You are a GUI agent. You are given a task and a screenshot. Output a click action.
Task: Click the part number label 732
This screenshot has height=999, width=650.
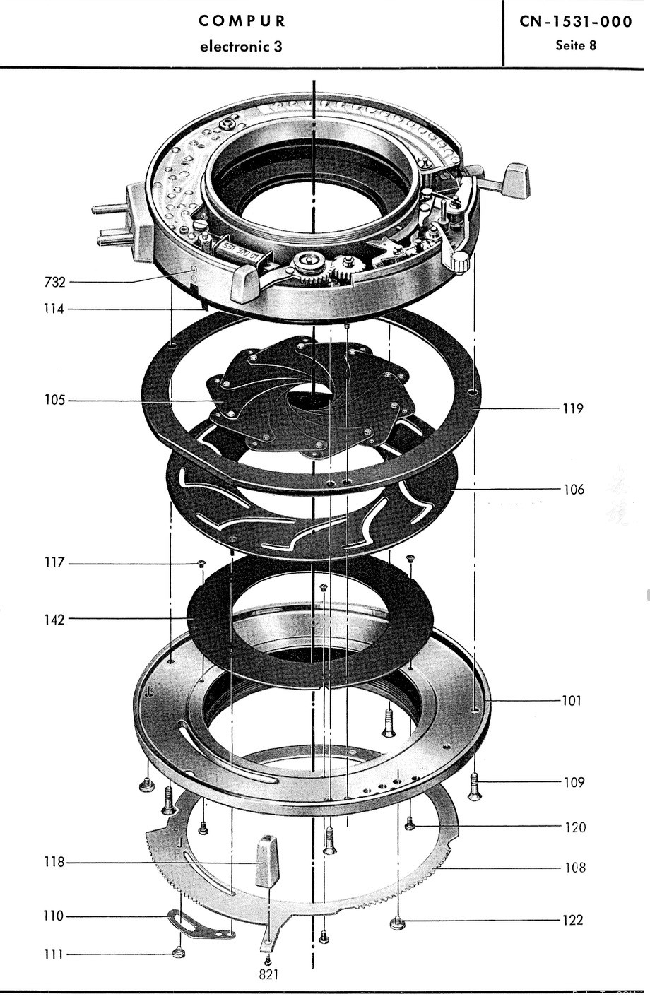[54, 283]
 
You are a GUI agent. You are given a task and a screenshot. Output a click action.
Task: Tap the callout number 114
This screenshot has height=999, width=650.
[54, 309]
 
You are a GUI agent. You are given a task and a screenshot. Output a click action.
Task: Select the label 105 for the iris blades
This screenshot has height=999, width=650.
[54, 401]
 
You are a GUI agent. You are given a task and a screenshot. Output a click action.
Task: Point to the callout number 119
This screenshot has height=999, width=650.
[573, 408]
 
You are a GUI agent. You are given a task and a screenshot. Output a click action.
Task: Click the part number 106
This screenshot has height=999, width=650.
[574, 489]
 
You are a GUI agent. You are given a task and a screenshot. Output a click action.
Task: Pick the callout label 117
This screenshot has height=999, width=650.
[54, 563]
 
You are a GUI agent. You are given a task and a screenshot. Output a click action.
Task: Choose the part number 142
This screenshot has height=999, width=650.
[54, 620]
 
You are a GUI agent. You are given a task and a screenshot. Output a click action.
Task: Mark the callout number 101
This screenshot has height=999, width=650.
[572, 701]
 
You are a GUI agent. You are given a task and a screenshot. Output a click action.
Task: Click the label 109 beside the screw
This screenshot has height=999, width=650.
[574, 782]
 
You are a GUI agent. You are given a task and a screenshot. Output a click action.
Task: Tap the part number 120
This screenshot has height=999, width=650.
[575, 827]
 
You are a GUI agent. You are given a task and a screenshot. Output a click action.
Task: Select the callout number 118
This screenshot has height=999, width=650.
[54, 863]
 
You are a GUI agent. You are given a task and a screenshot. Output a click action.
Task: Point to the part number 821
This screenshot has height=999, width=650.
[268, 974]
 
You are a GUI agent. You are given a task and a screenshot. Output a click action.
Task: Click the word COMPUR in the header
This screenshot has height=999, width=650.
[242, 21]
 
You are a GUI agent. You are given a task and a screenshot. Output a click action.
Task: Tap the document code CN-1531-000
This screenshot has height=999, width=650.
[576, 22]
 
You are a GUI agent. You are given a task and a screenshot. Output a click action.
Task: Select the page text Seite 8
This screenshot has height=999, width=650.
[576, 46]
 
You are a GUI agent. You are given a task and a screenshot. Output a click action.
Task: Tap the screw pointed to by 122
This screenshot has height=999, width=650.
[396, 922]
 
